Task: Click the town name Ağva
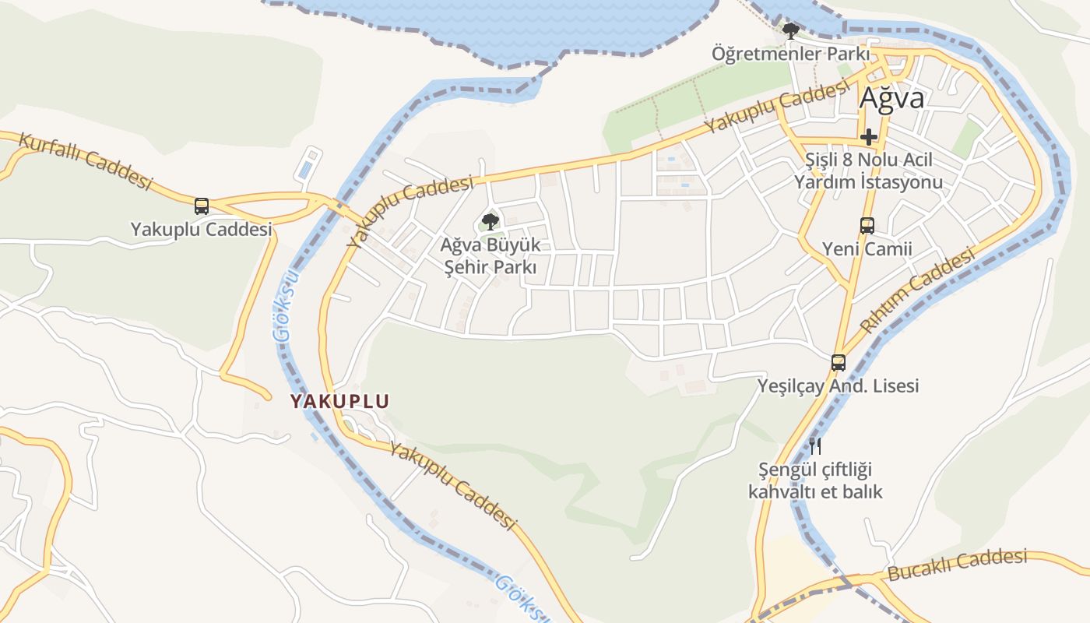[x=891, y=99]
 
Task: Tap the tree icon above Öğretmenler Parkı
[x=791, y=32]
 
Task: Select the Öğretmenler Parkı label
[x=790, y=55]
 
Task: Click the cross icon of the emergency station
[x=869, y=138]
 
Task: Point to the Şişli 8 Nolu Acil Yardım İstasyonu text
[x=868, y=171]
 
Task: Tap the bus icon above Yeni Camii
[x=867, y=226]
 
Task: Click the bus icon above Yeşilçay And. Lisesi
[x=839, y=362]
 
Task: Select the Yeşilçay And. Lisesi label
[x=839, y=385]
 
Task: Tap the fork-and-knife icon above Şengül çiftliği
[x=815, y=446]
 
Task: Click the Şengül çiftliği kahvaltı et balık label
[x=815, y=481]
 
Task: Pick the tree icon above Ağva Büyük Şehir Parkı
[x=490, y=222]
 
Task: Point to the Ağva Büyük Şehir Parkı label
[x=490, y=256]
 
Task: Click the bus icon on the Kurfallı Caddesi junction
[x=202, y=206]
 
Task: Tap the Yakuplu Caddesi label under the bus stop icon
[x=202, y=230]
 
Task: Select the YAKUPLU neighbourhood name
[x=339, y=402]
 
